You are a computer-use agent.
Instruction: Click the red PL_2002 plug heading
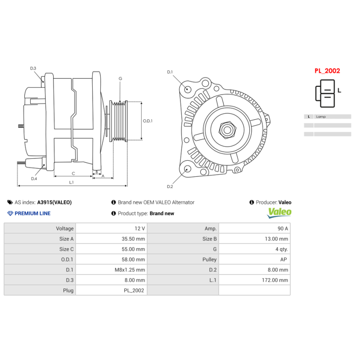pos(327,71)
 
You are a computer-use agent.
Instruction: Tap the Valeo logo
pos(279,212)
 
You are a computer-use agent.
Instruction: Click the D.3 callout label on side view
pos(33,68)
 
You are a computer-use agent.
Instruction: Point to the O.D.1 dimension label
pos(148,121)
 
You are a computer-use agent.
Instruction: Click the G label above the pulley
pos(120,79)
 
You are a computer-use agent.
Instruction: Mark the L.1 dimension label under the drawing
pos(71,182)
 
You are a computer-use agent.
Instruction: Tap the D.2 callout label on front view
pos(170,186)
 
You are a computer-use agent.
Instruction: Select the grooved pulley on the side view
pos(120,121)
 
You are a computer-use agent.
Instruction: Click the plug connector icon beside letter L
pos(325,93)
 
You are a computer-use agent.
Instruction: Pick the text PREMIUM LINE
pos(32,213)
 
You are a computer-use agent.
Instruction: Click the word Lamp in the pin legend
pos(321,117)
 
